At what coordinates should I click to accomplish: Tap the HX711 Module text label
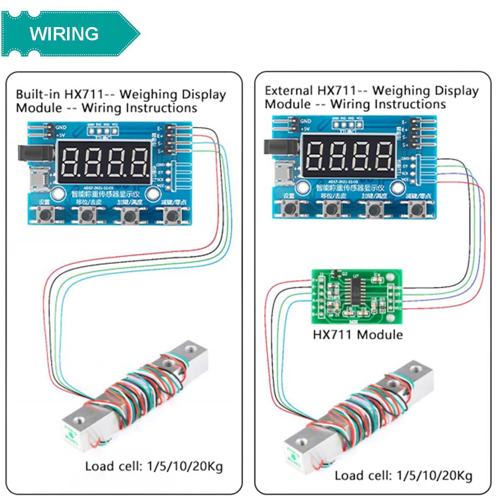coord(357,335)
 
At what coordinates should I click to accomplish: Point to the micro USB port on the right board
coord(284,171)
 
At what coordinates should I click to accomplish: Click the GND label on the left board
coord(61,127)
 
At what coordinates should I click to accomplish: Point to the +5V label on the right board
coord(305,129)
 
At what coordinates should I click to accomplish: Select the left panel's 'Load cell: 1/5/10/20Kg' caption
coord(154,466)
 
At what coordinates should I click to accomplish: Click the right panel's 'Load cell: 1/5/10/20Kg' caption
coord(403,475)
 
